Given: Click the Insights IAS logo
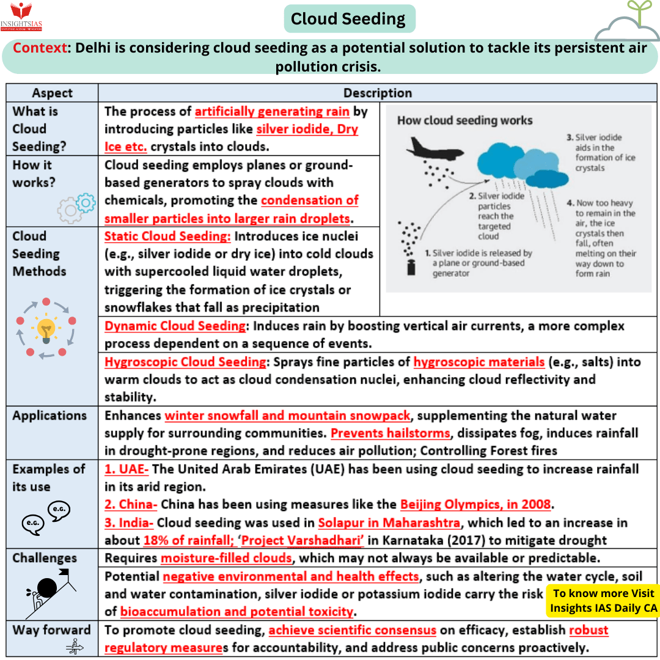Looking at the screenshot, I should pos(21,16).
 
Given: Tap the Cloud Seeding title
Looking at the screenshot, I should pos(348,19).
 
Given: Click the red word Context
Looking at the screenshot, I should pos(40,48).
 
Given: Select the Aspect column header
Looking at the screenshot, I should pos(52,93).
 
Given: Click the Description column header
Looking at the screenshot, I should pos(377,93).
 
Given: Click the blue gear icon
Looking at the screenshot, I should pos(86,203).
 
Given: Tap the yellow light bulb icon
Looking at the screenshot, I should pos(46,329).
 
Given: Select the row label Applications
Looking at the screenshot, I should pos(50,416).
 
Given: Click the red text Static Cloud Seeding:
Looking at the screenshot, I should pos(167,237).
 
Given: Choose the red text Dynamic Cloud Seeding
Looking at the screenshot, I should pos(175,326).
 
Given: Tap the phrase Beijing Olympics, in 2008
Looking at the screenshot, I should pos(475,505).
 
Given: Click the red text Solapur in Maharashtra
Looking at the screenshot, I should pos(389,523).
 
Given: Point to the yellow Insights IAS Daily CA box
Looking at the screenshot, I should pos(603,600).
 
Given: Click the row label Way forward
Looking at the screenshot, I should pos(51,630).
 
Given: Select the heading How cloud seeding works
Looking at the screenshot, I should pos(464,120).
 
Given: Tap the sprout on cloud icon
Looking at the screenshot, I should pos(627,24).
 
